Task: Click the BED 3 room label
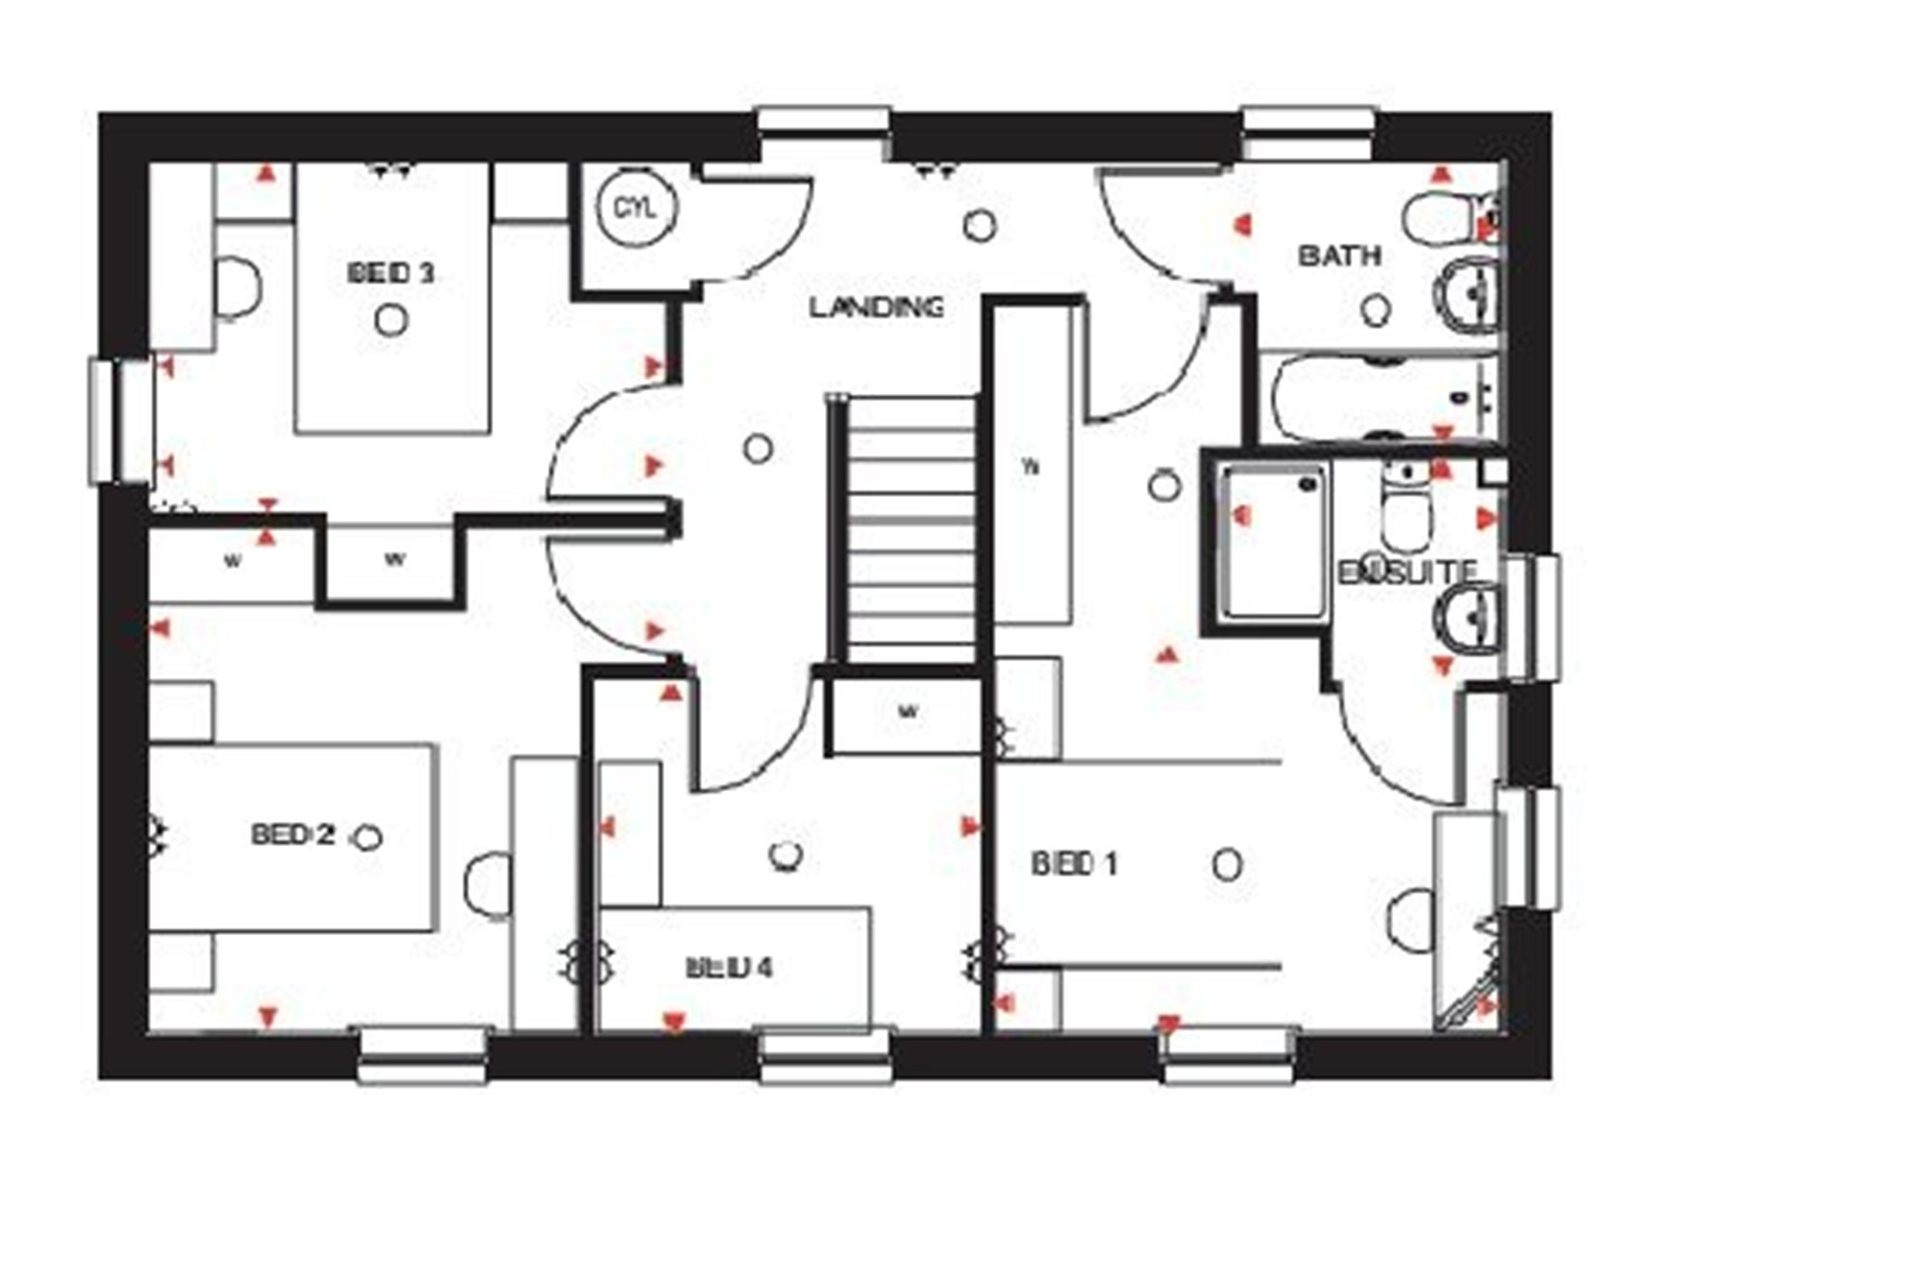pyautogui.click(x=390, y=273)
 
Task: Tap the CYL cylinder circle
pyautogui.click(x=637, y=207)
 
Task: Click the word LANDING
pyautogui.click(x=875, y=308)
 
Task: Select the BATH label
pyautogui.click(x=1339, y=256)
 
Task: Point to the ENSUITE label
pyautogui.click(x=1407, y=572)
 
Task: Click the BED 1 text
pyautogui.click(x=1074, y=864)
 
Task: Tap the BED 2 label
pyautogui.click(x=292, y=834)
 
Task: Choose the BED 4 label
pyautogui.click(x=729, y=968)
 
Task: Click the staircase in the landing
pyautogui.click(x=909, y=529)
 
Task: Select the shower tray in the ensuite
pyautogui.click(x=1274, y=538)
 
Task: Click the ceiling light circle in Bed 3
pyautogui.click(x=390, y=320)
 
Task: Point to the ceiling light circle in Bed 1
pyautogui.click(x=1227, y=864)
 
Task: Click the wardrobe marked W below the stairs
pyautogui.click(x=906, y=713)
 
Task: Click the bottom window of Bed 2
pyautogui.click(x=423, y=1055)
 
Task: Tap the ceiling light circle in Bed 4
pyautogui.click(x=787, y=854)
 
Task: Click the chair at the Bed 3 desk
pyautogui.click(x=237, y=286)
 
